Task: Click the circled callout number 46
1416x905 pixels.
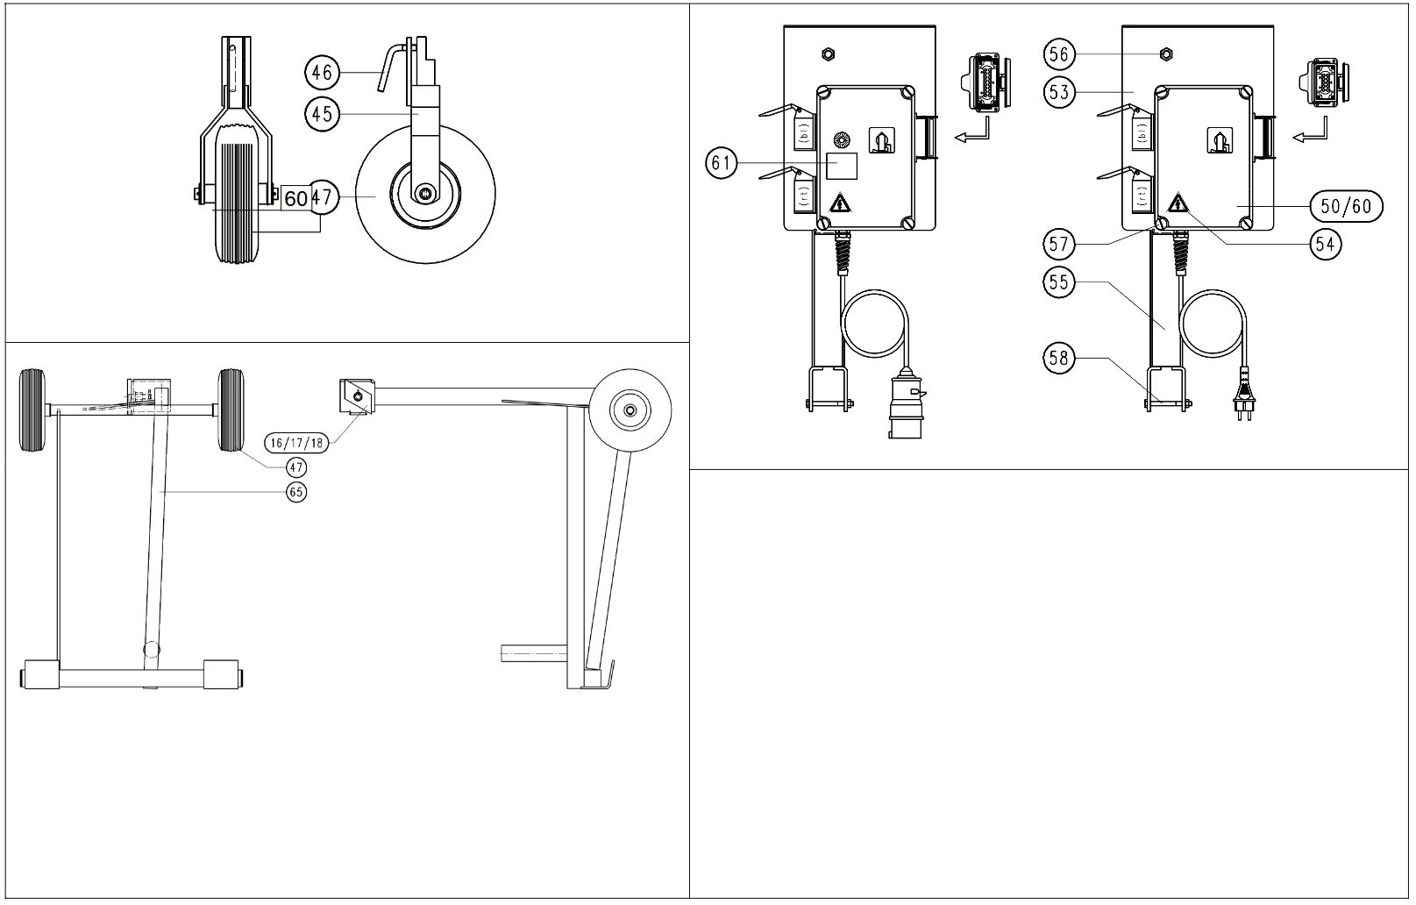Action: tap(322, 72)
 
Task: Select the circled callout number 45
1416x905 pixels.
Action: tap(322, 114)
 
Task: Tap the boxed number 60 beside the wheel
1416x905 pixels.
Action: tap(295, 198)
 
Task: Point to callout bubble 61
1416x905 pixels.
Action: tap(722, 163)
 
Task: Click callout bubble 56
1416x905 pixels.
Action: tap(1059, 54)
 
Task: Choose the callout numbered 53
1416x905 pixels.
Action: tap(1059, 92)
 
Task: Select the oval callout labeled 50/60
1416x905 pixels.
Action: tap(1345, 206)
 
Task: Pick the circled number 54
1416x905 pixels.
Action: tap(1326, 245)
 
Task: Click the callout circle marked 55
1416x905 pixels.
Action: tap(1059, 282)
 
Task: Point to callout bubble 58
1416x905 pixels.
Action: tap(1059, 358)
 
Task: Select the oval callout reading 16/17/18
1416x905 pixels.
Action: tap(296, 443)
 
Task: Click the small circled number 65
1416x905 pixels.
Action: tap(296, 493)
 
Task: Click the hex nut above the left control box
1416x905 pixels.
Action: tap(824, 54)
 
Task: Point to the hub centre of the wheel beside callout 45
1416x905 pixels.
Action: tap(425, 193)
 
